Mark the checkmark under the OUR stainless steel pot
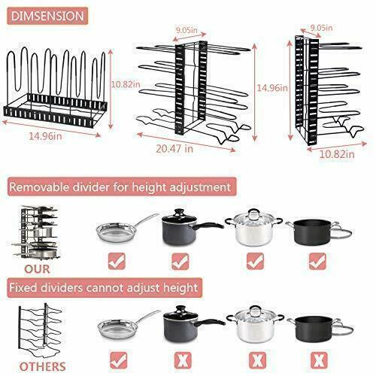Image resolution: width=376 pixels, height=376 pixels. click(256, 262)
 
